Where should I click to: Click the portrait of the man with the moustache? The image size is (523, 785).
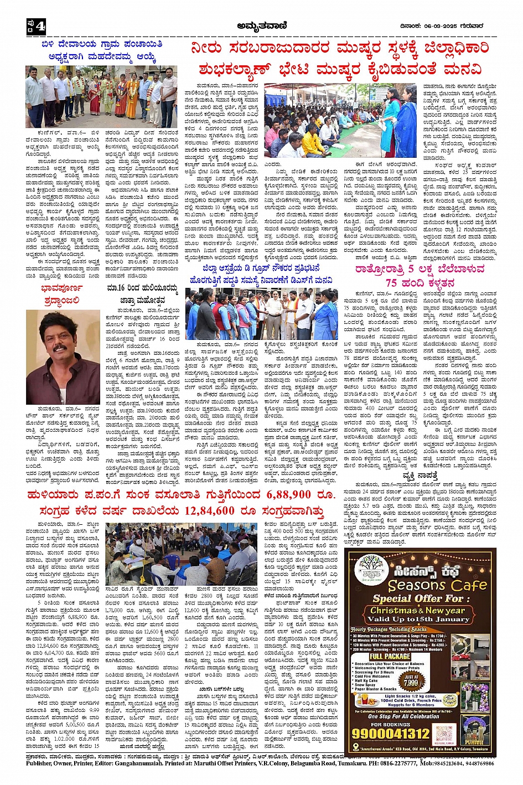(x=63, y=357)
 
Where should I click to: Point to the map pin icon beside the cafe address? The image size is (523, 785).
(x=355, y=748)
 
